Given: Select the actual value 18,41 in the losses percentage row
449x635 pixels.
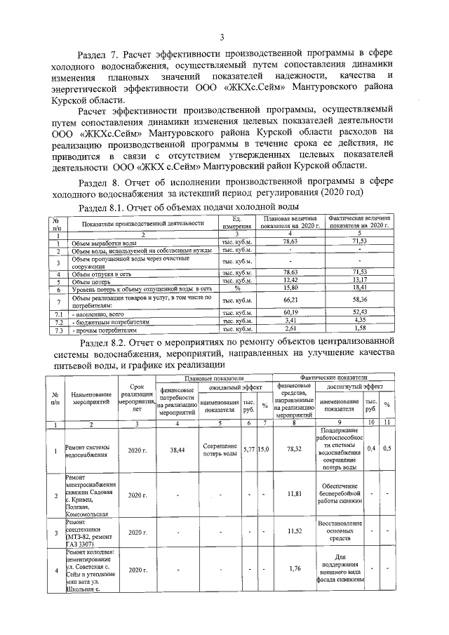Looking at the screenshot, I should pyautogui.click(x=359, y=288).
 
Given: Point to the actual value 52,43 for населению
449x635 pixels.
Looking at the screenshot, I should pyautogui.click(x=359, y=313).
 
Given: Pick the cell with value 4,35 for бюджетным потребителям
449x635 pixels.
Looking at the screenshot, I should pyautogui.click(x=359, y=321).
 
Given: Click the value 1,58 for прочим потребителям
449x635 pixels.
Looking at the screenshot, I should pyautogui.click(x=359, y=328).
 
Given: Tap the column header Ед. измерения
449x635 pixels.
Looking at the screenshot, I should pyautogui.click(x=236, y=223).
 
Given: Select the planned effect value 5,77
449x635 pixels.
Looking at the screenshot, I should pyautogui.click(x=248, y=448).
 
